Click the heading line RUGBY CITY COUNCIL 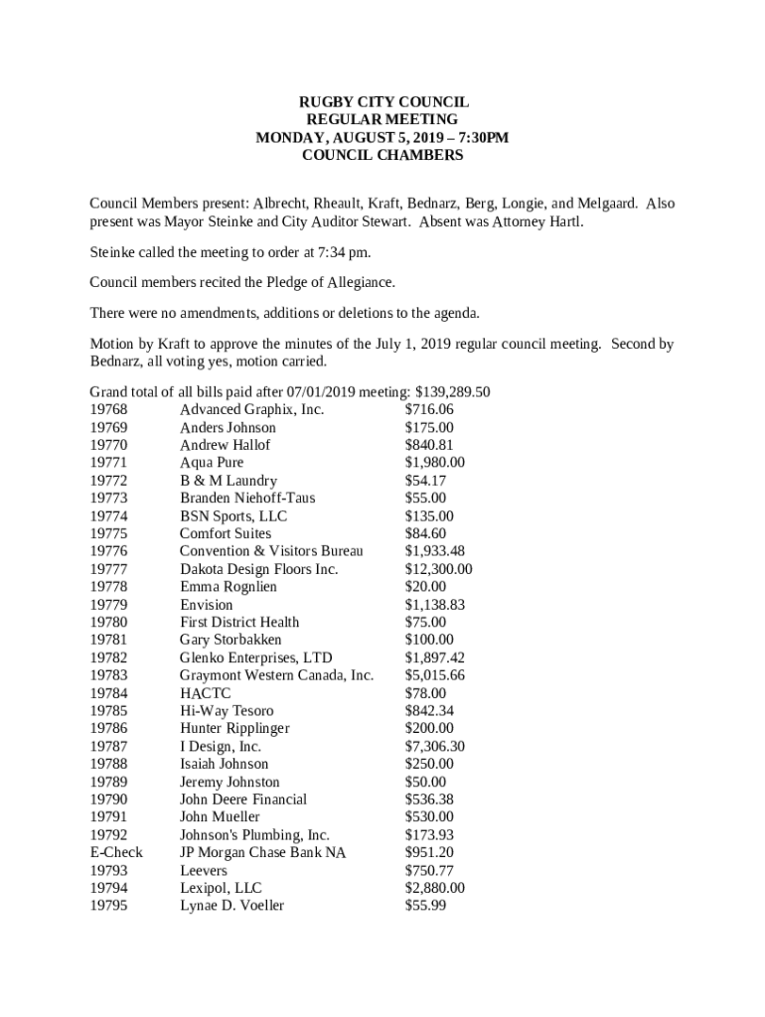pyautogui.click(x=382, y=102)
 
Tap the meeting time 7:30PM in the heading pyautogui.click(x=483, y=138)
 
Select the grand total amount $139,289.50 pyautogui.click(x=452, y=392)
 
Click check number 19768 pyautogui.click(x=108, y=410)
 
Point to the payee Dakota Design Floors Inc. pyautogui.click(x=258, y=569)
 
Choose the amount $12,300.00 pyautogui.click(x=438, y=569)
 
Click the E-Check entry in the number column pyautogui.click(x=116, y=852)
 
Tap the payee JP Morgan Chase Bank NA pyautogui.click(x=262, y=852)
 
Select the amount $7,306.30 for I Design pyautogui.click(x=434, y=746)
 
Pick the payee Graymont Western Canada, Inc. pyautogui.click(x=276, y=675)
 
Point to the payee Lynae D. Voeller pyautogui.click(x=231, y=906)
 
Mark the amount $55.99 pyautogui.click(x=425, y=906)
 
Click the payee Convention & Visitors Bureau pyautogui.click(x=271, y=551)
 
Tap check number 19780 pyautogui.click(x=108, y=623)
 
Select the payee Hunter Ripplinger pyautogui.click(x=234, y=728)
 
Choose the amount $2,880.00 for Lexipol pyautogui.click(x=434, y=888)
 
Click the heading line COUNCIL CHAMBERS pyautogui.click(x=382, y=156)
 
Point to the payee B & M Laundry pyautogui.click(x=229, y=481)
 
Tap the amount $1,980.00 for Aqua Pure pyautogui.click(x=434, y=463)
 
